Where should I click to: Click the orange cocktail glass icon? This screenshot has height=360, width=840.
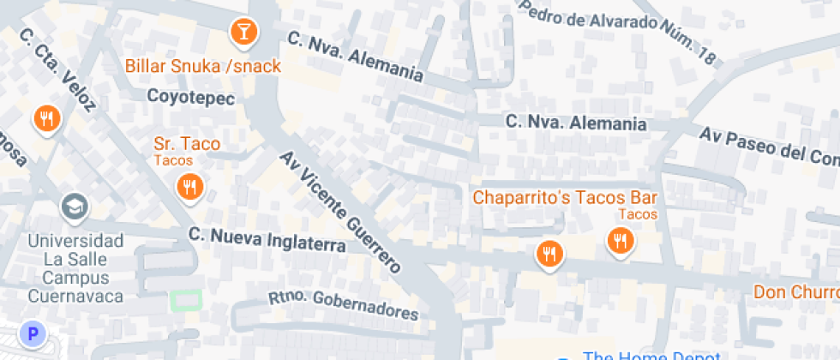[x=244, y=33]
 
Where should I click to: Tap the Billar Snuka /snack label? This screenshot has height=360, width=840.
[x=203, y=66]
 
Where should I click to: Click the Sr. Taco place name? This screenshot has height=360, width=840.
[x=187, y=143]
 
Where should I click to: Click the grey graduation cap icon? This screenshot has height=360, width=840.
[x=75, y=206]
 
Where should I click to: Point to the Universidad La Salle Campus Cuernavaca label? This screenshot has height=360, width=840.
[x=75, y=267]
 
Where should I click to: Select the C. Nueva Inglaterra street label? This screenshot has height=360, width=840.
[x=267, y=239]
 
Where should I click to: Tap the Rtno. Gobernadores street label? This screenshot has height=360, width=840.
[x=344, y=304]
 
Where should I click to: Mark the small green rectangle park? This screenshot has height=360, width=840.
[x=186, y=301]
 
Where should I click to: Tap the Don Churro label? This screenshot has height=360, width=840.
[x=795, y=292]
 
